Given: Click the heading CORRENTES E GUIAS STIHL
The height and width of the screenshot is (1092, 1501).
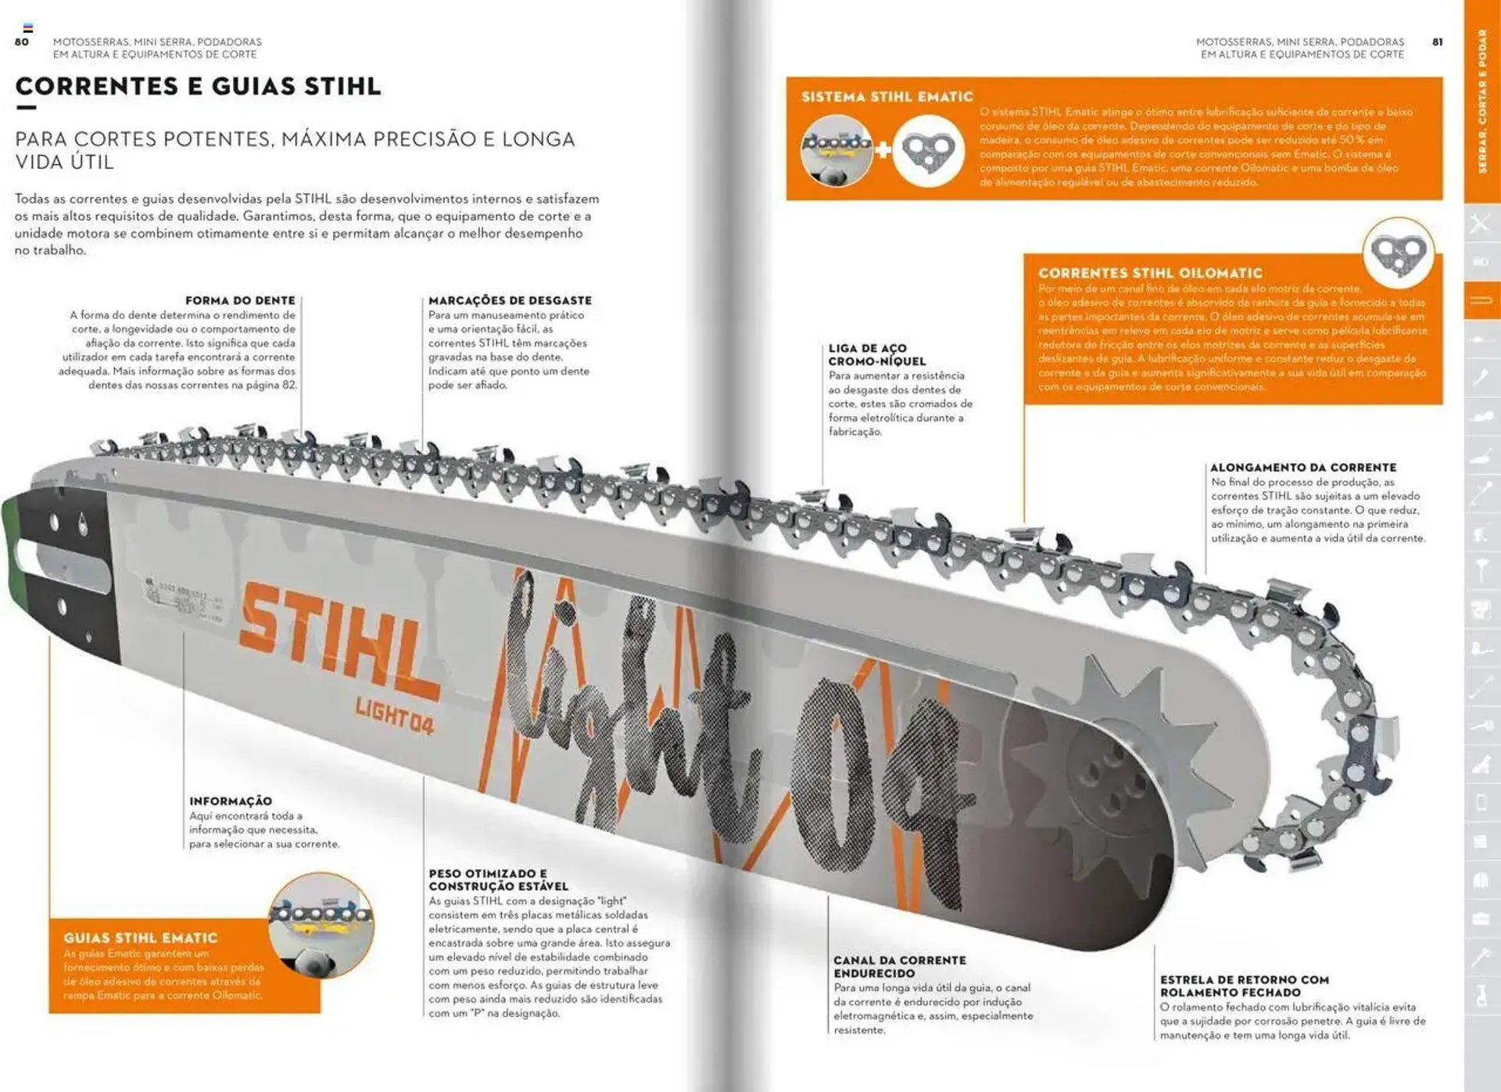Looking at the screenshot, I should pos(199,86).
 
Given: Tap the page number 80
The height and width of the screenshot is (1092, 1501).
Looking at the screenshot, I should pos(22,42).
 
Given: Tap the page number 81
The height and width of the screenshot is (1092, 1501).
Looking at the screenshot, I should pos(1437,42).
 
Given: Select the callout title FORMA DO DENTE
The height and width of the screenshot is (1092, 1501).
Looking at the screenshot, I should pos(240,300).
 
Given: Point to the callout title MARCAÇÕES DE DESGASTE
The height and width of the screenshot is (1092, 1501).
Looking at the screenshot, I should pos(510,300).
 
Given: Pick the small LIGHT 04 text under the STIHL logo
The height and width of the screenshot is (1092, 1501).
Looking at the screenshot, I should pos(394,715).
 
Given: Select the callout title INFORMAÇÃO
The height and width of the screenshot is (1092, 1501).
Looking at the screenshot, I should pos(231,801).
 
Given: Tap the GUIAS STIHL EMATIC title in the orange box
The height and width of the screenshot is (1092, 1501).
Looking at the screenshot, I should pos(141,938).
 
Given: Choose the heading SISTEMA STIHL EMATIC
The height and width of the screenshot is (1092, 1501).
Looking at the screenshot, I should pos(887,97).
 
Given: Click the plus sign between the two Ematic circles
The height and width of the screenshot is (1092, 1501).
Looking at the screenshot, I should pos(883,149).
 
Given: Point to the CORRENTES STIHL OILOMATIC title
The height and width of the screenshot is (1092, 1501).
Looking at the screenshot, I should pos(1150,273).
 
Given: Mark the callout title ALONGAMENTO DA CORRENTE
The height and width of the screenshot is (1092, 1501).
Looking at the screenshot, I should pos(1303,467).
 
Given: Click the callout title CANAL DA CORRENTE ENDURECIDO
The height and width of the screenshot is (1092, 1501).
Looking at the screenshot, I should pos(899,966).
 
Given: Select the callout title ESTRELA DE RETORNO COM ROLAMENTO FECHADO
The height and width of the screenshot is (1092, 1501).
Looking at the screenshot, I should pos(1244,986).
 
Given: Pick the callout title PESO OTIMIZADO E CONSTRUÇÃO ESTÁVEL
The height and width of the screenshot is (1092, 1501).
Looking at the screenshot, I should pos(498,879).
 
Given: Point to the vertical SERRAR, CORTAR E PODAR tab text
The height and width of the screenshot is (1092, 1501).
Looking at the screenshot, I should pos(1482,101).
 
